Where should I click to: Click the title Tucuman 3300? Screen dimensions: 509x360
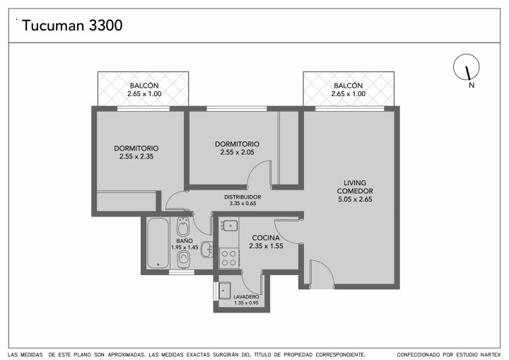point(72,25)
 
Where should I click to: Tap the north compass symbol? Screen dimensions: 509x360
point(466,67)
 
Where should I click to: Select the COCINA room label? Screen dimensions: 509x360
point(266,238)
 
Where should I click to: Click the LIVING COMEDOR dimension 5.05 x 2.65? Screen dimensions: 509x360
point(355,199)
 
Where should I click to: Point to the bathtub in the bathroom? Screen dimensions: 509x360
point(158,243)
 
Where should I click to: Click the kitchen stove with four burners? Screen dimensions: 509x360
point(229,257)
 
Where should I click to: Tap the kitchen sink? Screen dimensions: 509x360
point(230,225)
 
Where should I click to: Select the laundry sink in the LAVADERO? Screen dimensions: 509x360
point(224,290)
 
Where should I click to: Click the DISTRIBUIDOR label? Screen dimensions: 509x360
point(242,197)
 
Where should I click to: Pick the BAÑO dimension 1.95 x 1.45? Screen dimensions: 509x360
point(185,248)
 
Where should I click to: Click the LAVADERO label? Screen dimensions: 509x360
point(246,297)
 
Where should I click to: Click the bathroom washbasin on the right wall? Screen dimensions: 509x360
point(206,250)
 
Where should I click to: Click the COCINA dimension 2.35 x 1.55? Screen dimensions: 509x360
point(266,246)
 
